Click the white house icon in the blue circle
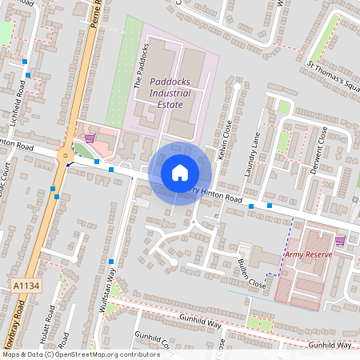click(180, 172)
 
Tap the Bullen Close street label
click(250, 273)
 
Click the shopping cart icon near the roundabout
click(89, 138)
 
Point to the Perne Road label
click(94, 20)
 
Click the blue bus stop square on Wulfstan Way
click(110, 262)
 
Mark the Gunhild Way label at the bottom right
click(330, 345)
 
